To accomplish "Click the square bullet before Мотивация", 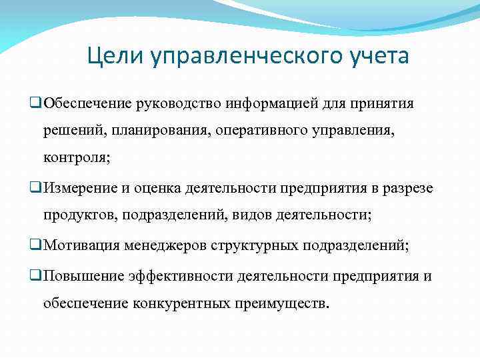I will [36, 245].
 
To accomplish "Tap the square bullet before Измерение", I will [36, 188].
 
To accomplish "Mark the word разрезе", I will [407, 189].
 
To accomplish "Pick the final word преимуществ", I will [281, 305].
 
